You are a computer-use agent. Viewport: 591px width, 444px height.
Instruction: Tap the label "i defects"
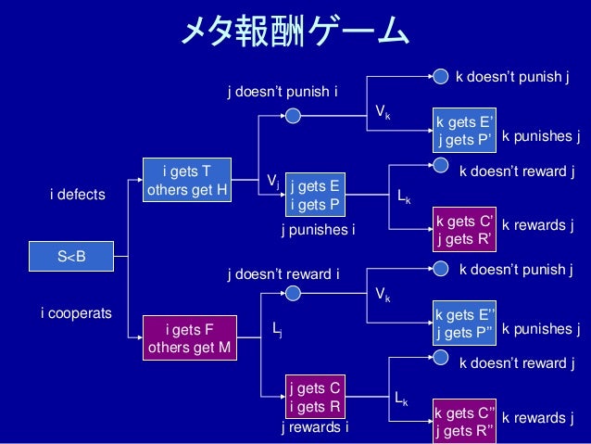(78, 196)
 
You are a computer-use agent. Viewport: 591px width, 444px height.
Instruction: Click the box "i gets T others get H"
(186, 181)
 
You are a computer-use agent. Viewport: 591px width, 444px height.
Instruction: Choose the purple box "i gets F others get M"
(189, 338)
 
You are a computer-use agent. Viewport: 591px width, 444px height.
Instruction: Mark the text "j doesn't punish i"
(282, 93)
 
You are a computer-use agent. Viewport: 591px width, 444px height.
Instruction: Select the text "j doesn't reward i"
(283, 274)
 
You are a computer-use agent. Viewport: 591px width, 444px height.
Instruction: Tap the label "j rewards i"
(315, 427)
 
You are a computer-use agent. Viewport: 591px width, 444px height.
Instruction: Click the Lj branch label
(277, 329)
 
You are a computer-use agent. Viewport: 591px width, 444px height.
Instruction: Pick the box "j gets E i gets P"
(314, 195)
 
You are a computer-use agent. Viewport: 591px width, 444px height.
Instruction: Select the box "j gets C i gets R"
(315, 397)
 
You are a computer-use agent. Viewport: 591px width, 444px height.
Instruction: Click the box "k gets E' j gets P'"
(465, 131)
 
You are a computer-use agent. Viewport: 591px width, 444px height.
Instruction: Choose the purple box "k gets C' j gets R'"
(465, 232)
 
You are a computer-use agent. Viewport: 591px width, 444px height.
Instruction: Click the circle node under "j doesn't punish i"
(293, 116)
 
